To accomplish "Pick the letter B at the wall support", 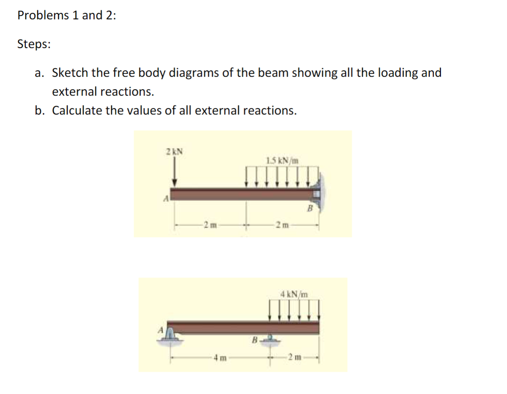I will click(x=311, y=209).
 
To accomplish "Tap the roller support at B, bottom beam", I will click(x=270, y=340).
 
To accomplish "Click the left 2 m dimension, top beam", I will click(x=210, y=224).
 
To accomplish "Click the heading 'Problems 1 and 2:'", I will click(x=66, y=15).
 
